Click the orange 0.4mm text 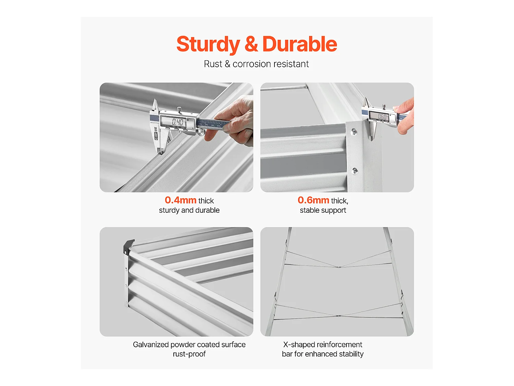(181, 200)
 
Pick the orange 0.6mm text (313, 200)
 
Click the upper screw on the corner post (354, 132)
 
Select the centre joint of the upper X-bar (339, 267)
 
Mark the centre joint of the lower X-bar (338, 316)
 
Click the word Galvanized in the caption (151, 345)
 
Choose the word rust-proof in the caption (189, 354)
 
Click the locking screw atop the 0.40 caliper (179, 109)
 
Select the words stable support (323, 210)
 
